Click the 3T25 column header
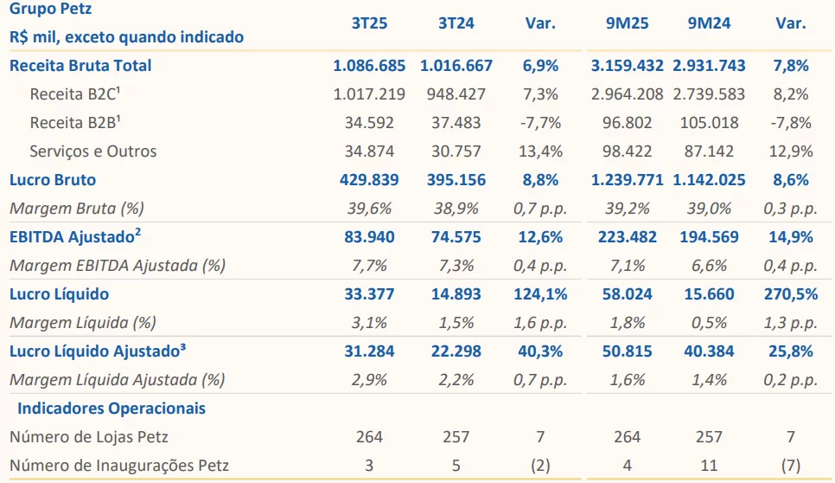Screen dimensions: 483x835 [369, 23]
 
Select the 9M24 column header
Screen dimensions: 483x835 [709, 23]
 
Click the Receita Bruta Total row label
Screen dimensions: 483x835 [80, 65]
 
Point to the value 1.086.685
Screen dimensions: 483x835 [370, 65]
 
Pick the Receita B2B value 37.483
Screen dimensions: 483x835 [456, 122]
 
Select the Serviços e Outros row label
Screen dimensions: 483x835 [93, 151]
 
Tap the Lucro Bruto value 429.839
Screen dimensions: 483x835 [370, 180]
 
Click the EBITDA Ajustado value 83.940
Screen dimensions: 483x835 [370, 236]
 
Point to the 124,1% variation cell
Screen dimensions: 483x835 [540, 293]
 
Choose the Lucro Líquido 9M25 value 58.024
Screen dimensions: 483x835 [628, 293]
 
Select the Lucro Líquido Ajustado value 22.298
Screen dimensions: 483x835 [456, 351]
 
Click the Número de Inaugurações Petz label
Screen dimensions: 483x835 [119, 465]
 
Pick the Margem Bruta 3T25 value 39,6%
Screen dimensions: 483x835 [370, 208]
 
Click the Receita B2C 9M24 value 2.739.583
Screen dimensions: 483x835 [709, 93]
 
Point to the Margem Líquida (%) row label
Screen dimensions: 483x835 [82, 322]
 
